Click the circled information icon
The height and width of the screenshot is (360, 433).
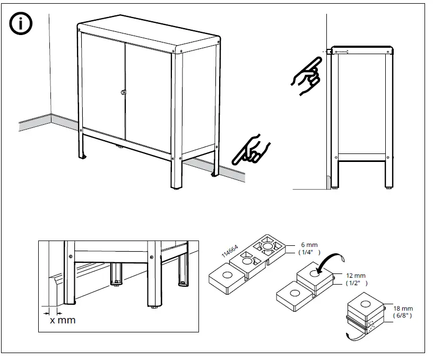tap(21, 24)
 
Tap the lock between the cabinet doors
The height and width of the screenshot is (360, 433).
tap(124, 93)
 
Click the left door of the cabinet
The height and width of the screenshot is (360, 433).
tap(102, 88)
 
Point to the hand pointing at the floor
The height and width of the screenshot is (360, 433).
tap(251, 149)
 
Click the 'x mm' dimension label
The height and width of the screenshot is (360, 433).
tap(63, 320)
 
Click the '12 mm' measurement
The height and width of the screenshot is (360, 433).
tap(357, 276)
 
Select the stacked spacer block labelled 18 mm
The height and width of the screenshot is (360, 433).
tap(365, 314)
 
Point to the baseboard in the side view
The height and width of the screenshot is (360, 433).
tap(329, 181)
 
